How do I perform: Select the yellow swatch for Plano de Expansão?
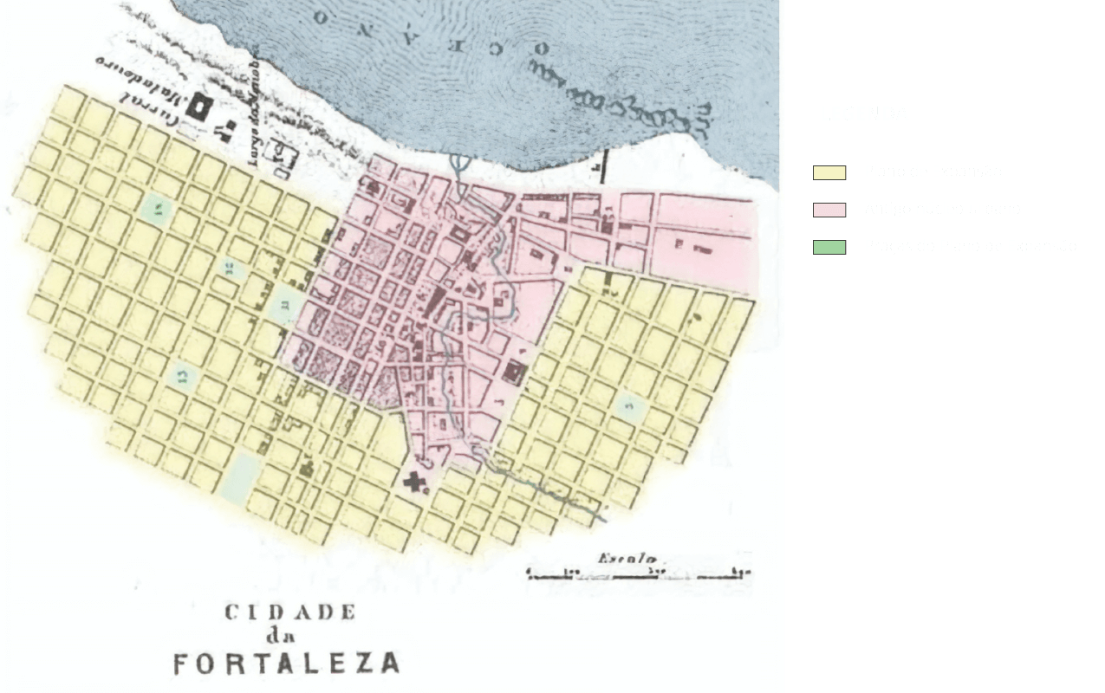829,172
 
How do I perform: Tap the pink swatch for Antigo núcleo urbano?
829,210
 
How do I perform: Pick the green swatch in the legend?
829,247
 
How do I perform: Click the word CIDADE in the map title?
290,612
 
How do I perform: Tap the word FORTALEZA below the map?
287,664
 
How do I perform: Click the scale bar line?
638,573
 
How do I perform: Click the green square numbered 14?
157,208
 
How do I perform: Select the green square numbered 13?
183,374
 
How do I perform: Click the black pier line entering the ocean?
603,165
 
